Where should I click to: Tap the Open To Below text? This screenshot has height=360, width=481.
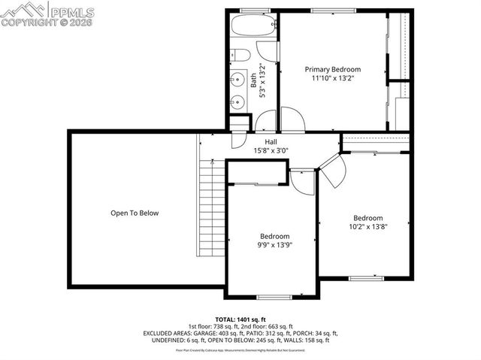tap(135, 213)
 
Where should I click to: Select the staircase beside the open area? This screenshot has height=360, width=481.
tap(211, 210)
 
